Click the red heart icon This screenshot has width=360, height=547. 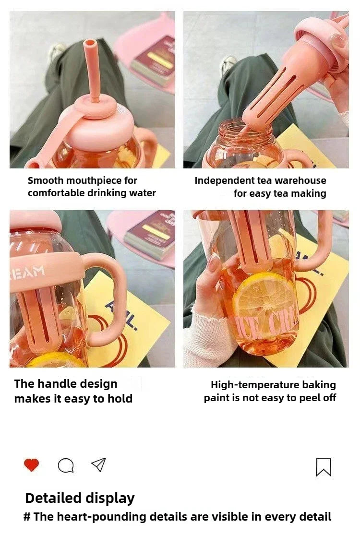(x=31, y=465)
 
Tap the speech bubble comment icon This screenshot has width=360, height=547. (x=66, y=465)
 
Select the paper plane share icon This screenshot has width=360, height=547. (x=98, y=464)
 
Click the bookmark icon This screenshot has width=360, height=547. (x=324, y=467)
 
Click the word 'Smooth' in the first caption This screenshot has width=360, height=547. (x=45, y=181)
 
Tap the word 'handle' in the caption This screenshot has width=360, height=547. (x=58, y=384)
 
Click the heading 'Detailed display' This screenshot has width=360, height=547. (x=80, y=498)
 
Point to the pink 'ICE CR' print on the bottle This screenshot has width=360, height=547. (x=269, y=327)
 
